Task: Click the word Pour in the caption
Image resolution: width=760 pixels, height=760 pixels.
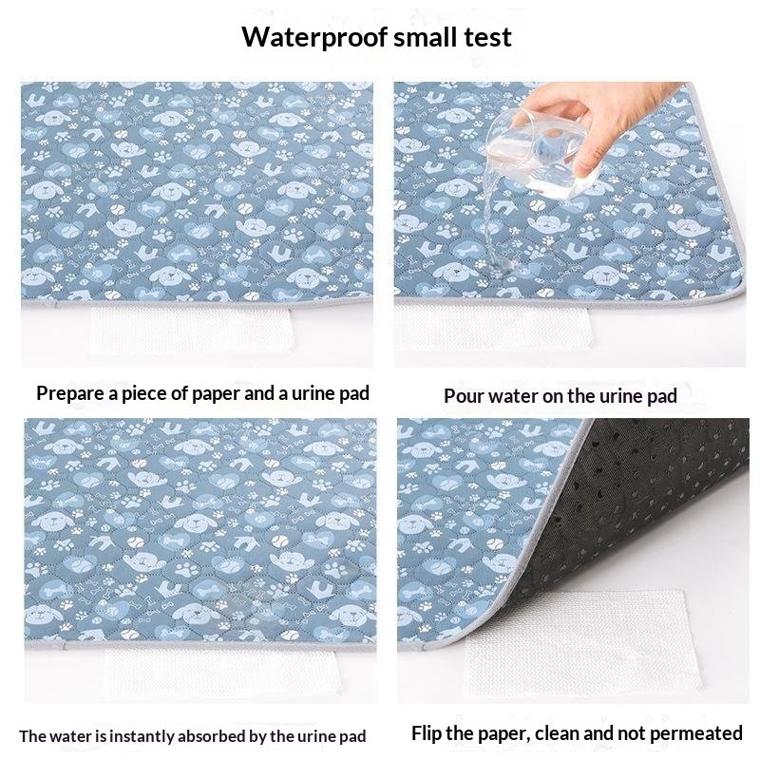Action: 464,395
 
